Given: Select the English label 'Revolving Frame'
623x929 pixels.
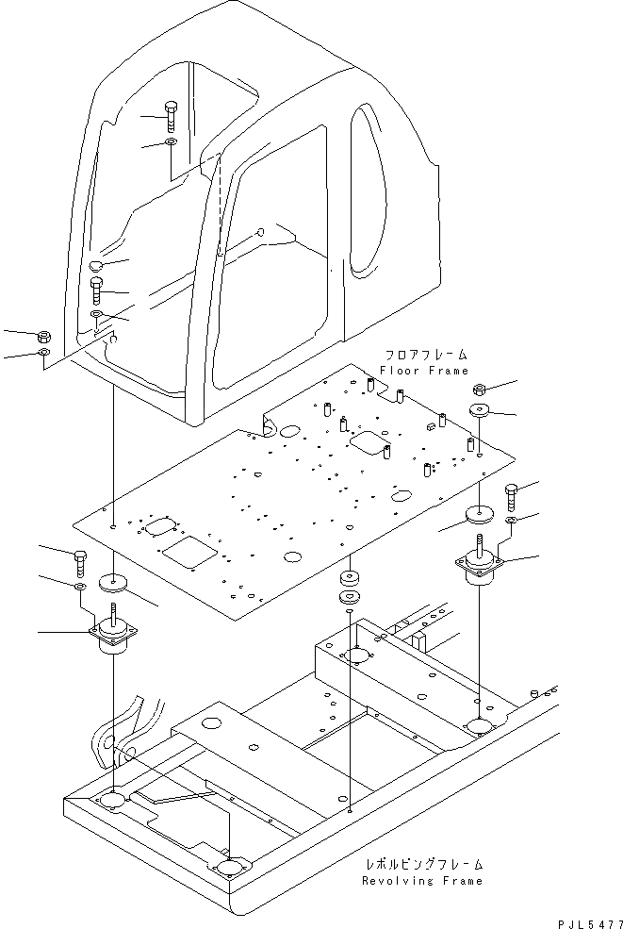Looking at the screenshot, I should coord(422,880).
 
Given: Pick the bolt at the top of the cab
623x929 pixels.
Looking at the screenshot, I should coord(170,117).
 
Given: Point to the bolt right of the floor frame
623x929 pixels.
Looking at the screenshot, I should coord(510,493).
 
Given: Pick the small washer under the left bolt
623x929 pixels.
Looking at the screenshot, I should coord(79,587).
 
